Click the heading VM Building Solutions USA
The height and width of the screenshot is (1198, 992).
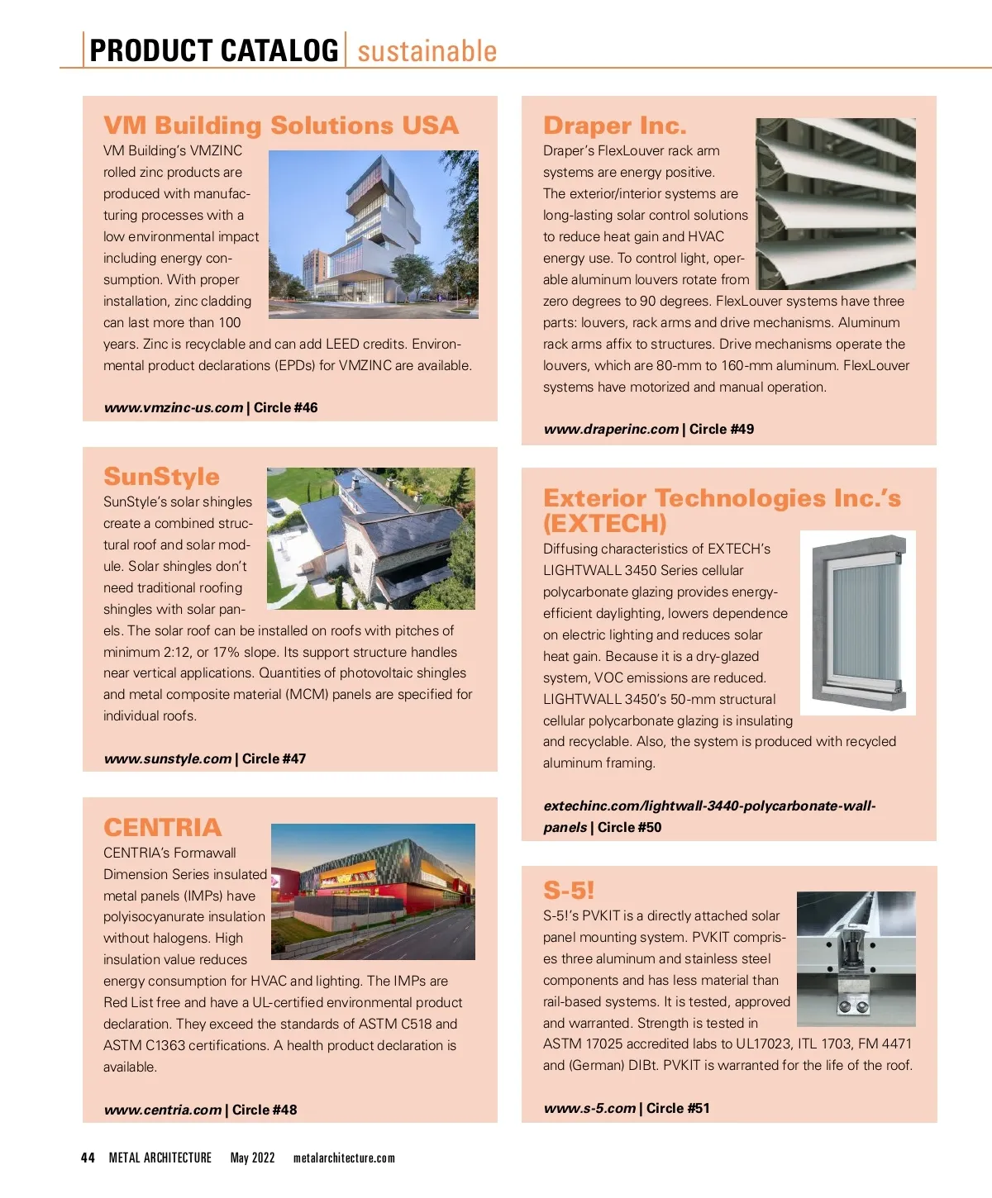coord(280,126)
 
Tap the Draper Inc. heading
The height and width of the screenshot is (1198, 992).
coord(614,126)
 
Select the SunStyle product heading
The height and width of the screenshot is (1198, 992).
coord(161,477)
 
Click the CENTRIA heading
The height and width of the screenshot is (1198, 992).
coord(162,828)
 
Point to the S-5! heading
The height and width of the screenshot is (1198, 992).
coord(569,891)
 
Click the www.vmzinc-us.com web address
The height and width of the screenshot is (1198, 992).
coord(174,407)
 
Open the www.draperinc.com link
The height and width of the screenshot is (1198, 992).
coord(611,429)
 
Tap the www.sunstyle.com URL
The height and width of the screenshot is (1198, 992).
coord(168,758)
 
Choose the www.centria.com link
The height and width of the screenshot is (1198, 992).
coord(163,1110)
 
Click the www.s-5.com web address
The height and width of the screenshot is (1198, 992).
coord(589,1108)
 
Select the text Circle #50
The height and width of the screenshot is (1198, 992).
coord(629,827)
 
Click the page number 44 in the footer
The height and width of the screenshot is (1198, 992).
coord(88,1158)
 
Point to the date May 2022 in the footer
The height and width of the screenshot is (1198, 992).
coord(252,1158)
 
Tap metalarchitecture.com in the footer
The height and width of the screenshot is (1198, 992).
coord(344,1158)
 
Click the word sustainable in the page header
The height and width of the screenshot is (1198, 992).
coord(427,51)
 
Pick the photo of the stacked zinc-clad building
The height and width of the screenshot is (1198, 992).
coord(374,234)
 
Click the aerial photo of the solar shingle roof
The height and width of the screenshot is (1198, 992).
coord(370,538)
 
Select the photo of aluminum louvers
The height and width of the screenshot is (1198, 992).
coord(836,203)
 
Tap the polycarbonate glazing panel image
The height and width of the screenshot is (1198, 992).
coord(858,622)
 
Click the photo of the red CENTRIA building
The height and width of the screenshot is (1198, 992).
coord(373,891)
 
